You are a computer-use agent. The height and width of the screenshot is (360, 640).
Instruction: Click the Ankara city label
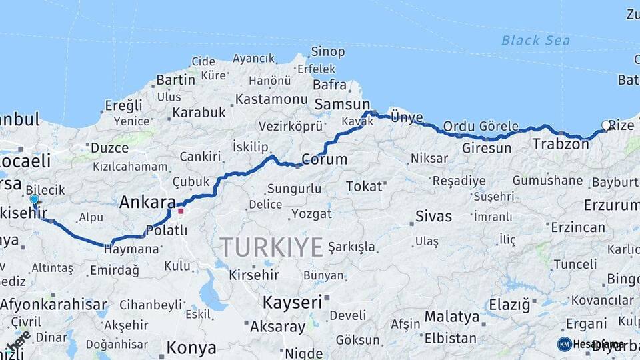(x=147, y=203)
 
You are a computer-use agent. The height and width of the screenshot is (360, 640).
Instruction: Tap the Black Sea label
(x=535, y=41)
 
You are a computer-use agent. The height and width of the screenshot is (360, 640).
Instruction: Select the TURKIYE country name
(x=272, y=247)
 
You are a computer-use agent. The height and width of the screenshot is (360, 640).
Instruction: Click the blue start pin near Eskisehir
(x=34, y=199)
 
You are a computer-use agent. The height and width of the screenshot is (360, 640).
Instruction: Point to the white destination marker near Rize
(x=606, y=125)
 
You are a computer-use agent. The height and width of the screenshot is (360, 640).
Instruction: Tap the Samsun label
(x=342, y=104)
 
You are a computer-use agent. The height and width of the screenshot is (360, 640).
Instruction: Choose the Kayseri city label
(x=292, y=302)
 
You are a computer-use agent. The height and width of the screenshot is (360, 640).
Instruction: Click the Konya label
(x=191, y=347)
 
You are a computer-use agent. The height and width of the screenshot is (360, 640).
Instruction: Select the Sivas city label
(x=433, y=216)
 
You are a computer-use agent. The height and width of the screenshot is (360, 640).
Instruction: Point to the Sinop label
(x=328, y=52)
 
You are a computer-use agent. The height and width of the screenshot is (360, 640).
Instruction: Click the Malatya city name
(x=452, y=316)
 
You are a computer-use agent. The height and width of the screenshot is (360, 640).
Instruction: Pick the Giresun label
(x=487, y=148)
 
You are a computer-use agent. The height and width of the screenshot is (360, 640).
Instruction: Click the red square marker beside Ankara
(x=180, y=211)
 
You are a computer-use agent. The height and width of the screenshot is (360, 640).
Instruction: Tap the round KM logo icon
(x=564, y=344)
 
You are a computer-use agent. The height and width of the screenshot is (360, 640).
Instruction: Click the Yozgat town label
(x=311, y=214)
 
